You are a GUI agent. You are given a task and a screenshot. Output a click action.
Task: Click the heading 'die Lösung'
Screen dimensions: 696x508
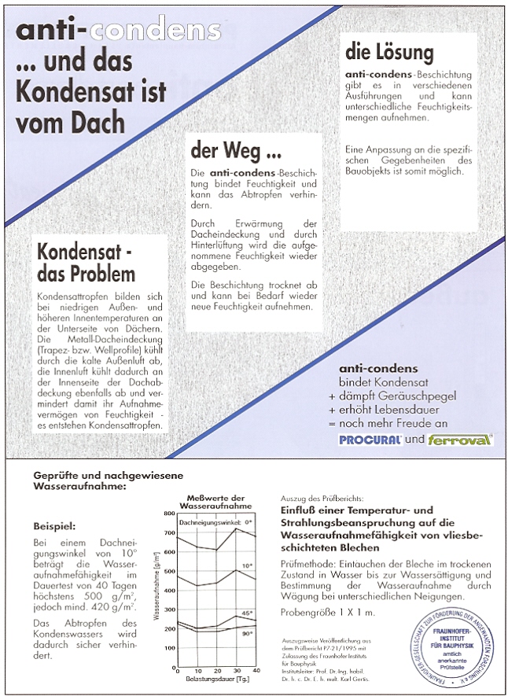389,53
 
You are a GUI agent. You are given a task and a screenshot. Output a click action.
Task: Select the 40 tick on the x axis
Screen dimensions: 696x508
256,669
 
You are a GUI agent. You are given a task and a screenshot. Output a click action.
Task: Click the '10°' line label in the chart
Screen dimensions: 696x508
246,565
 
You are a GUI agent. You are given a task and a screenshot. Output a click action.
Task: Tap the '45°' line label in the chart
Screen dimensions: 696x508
246,612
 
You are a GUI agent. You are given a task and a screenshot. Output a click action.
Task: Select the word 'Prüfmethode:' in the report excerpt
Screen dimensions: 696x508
307,563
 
